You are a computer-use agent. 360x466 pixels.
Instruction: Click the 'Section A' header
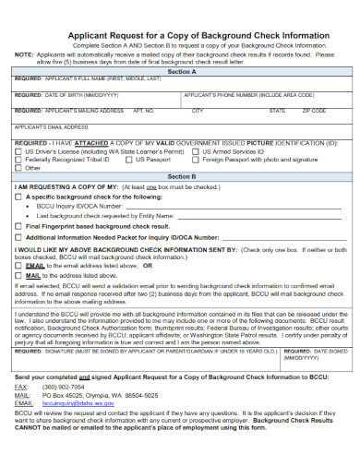180,70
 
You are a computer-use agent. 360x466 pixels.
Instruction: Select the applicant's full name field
180,86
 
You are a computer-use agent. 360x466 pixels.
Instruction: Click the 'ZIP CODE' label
316,111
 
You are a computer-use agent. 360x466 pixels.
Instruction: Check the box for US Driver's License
19,151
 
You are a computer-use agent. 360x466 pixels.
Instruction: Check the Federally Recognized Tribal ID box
19,160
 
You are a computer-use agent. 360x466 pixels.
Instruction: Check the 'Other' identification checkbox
19,168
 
